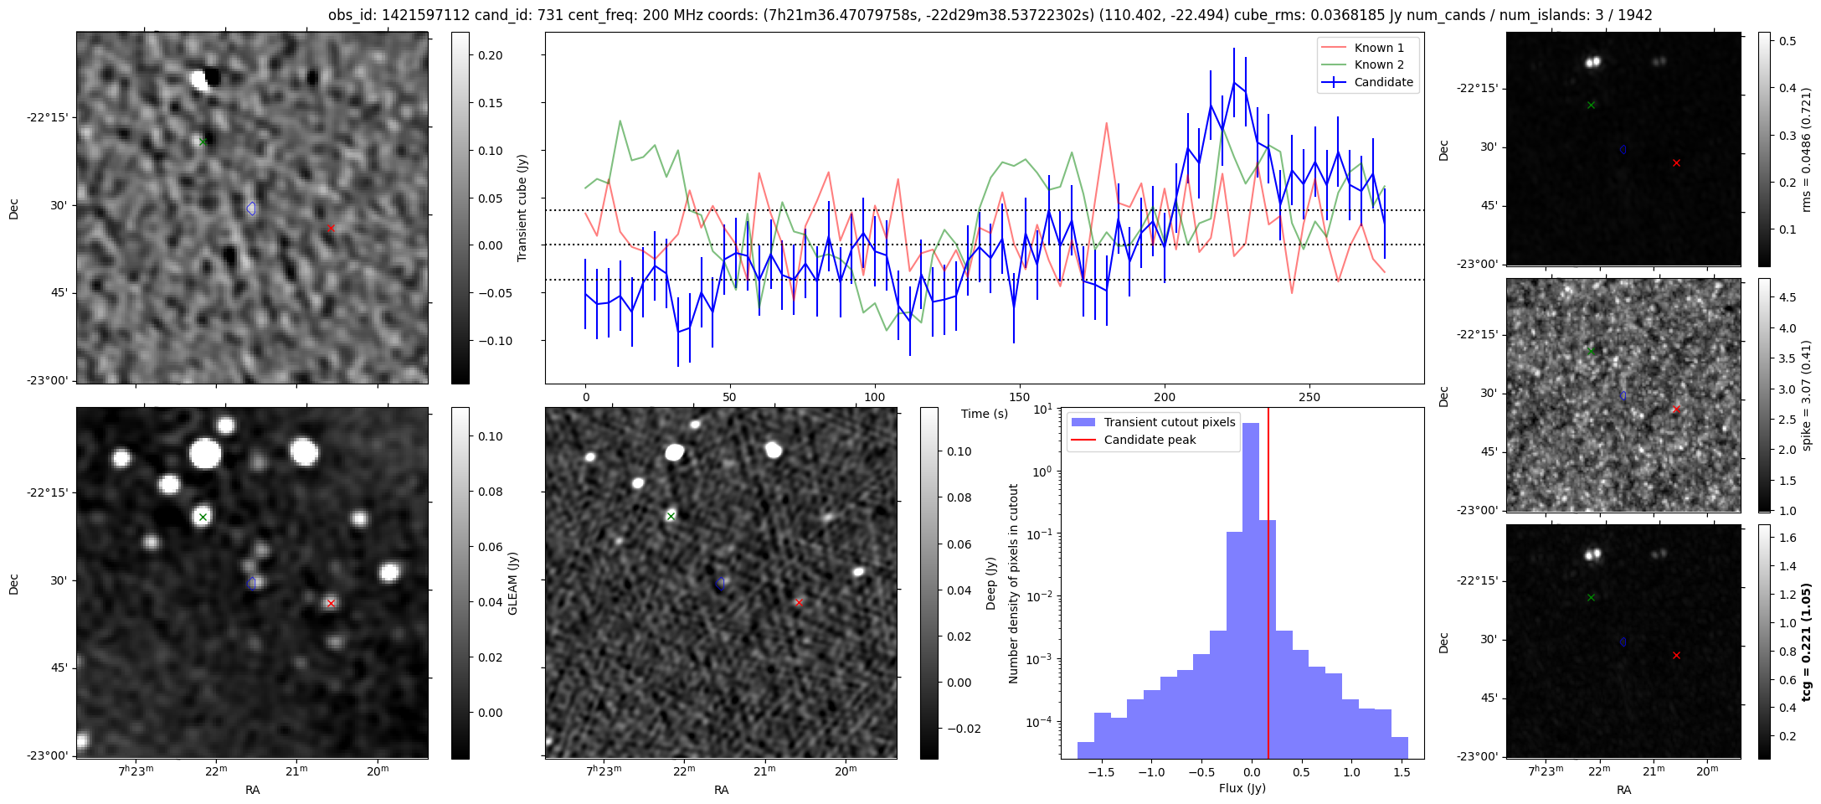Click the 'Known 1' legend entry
(1379, 48)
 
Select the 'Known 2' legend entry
(1379, 64)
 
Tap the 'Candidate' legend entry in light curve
(1383, 82)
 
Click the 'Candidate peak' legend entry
(1150, 440)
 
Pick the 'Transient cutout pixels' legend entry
(1169, 422)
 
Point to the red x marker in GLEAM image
(331, 603)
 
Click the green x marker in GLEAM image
(203, 517)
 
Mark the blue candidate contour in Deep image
(720, 584)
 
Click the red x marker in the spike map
(1676, 410)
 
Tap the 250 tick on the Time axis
(1309, 397)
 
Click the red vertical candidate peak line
(1268, 586)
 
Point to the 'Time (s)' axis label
(984, 414)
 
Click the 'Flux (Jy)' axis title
(1242, 788)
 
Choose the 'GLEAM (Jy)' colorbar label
(513, 583)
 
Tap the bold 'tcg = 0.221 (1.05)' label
(1806, 642)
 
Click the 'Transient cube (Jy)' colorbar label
(522, 208)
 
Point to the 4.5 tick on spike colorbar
(1787, 297)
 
